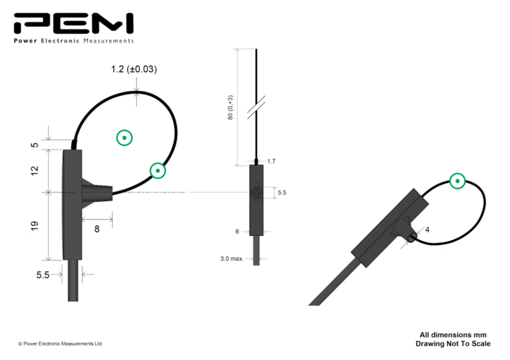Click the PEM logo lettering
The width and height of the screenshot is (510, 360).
point(73,24)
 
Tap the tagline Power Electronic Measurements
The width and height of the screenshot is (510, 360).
point(74,41)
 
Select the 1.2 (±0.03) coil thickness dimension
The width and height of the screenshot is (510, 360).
point(133,70)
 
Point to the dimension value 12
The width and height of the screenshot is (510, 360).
point(34,170)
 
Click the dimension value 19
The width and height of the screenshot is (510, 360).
point(34,226)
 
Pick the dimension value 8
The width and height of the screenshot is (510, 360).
point(97,229)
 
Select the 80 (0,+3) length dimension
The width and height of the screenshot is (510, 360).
point(230,108)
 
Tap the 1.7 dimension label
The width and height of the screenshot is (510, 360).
point(271,161)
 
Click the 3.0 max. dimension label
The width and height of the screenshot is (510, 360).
point(232,259)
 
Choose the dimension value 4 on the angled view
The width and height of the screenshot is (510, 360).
point(428,230)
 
